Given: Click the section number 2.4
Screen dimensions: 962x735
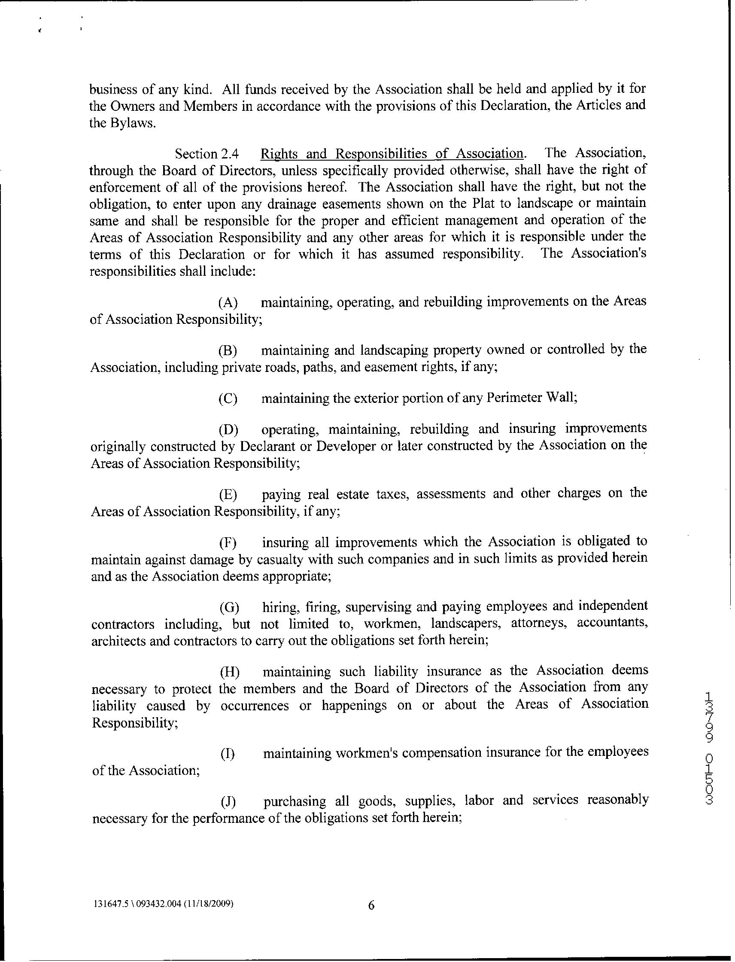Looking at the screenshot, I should (x=230, y=154).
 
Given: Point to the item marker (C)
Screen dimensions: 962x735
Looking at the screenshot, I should (x=228, y=399).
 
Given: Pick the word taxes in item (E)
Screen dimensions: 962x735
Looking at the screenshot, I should (x=393, y=494).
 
